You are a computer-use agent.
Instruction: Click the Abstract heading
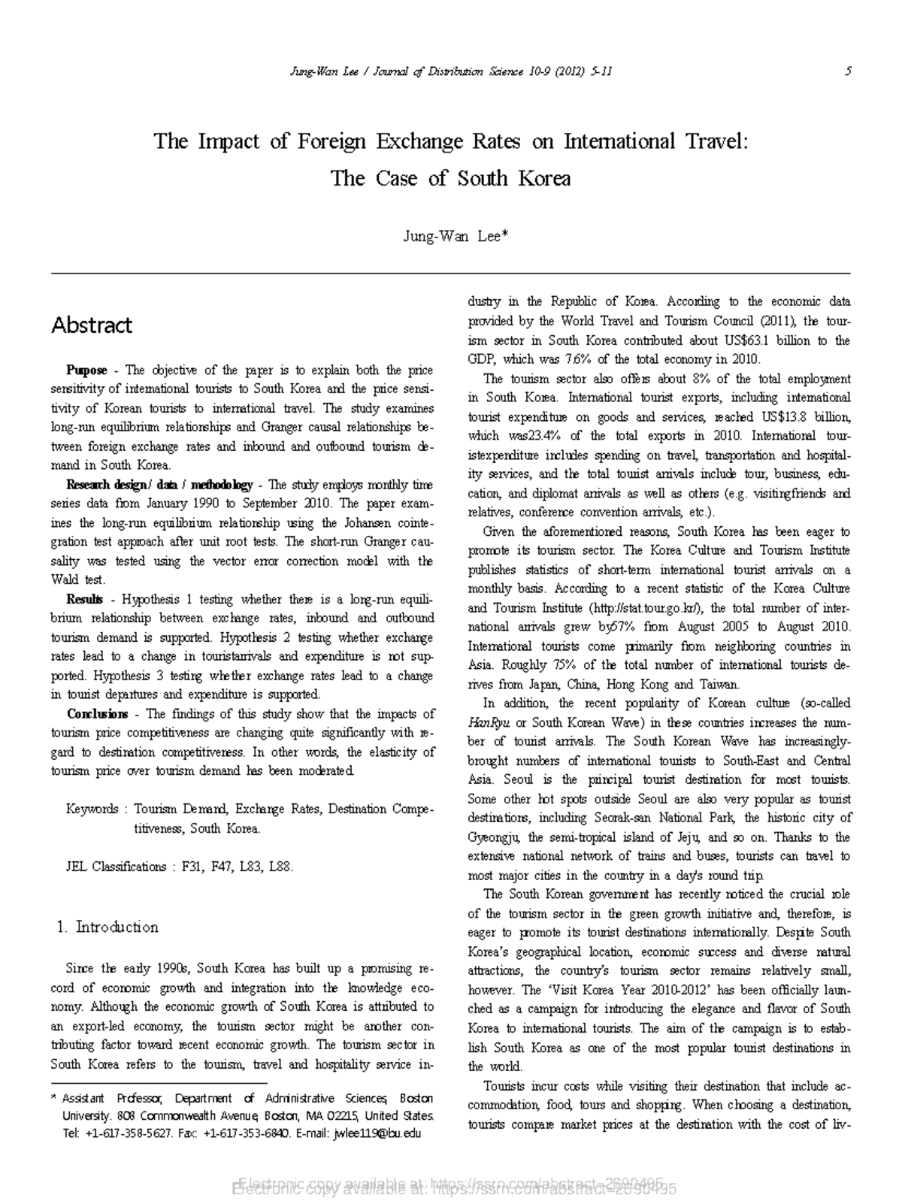(x=91, y=325)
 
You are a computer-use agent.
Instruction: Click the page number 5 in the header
(x=848, y=71)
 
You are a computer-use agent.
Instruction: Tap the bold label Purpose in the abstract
(x=86, y=370)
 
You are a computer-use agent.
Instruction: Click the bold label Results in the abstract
(x=84, y=600)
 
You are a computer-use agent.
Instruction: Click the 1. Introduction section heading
(x=108, y=927)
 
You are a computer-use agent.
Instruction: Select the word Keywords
(x=92, y=809)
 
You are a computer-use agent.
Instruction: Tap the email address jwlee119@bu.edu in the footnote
(x=376, y=1133)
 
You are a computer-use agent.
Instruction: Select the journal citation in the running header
(x=450, y=71)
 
